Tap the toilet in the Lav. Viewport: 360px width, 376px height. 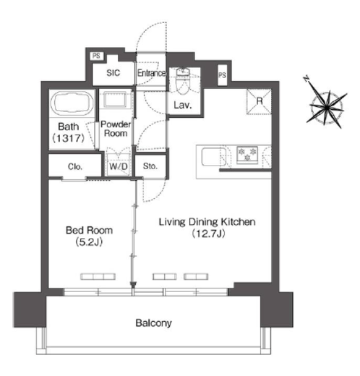(183, 81)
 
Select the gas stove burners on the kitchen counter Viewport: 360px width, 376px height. (247, 154)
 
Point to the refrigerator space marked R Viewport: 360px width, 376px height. (259, 101)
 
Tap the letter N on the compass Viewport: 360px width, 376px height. (307, 79)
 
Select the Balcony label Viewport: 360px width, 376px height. (153, 323)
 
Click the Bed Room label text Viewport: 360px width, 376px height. (89, 230)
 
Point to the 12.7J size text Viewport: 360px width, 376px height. (208, 234)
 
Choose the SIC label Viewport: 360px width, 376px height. (113, 72)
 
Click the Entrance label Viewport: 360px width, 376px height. (151, 73)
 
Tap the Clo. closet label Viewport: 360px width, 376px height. (75, 166)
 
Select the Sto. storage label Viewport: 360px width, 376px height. (150, 166)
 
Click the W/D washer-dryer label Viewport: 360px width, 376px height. (118, 166)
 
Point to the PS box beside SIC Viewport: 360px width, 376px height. (96, 56)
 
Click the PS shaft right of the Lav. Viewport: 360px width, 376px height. (222, 75)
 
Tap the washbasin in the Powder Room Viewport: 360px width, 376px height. (116, 99)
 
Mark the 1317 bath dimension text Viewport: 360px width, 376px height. (69, 138)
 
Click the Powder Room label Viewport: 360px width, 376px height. (116, 129)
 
